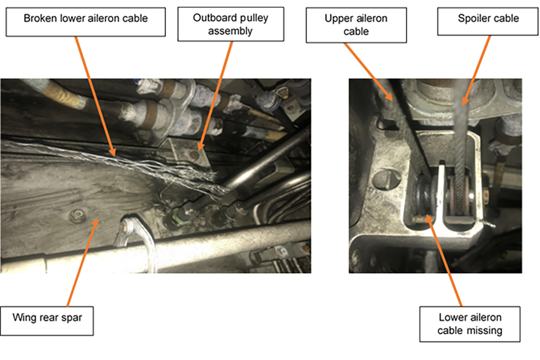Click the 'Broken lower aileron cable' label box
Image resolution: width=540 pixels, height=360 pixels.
(85, 19)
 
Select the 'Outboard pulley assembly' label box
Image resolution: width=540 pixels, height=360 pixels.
(231, 24)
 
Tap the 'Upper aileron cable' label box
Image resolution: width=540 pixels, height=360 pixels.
(355, 25)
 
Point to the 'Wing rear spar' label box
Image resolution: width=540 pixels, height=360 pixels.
(47, 318)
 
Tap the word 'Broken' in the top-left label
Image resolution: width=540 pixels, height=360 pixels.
(39, 19)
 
